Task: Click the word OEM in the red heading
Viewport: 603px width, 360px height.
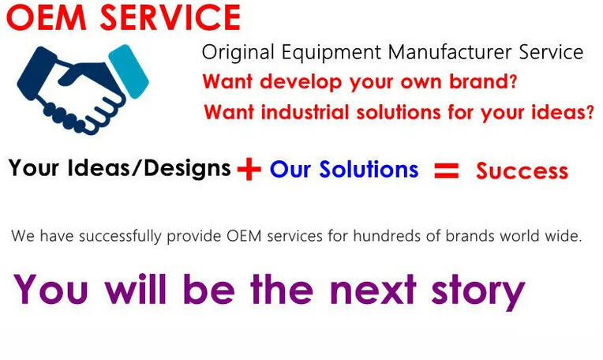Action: [46, 17]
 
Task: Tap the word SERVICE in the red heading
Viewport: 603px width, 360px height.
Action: [170, 17]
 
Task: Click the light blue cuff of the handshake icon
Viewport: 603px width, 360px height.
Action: [129, 71]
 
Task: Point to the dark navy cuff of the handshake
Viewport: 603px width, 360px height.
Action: [36, 73]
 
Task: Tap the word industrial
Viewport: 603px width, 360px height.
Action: [305, 112]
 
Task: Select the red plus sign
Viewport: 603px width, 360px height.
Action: [249, 169]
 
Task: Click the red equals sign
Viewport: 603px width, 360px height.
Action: [447, 171]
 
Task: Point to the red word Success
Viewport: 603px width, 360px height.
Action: [522, 171]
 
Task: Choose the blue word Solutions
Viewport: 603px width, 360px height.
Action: [369, 169]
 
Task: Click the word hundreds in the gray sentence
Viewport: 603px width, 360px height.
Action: [386, 235]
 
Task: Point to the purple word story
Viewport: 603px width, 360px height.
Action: [478, 291]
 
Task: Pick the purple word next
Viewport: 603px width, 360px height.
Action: [373, 289]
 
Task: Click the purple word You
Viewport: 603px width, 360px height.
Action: [51, 289]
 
